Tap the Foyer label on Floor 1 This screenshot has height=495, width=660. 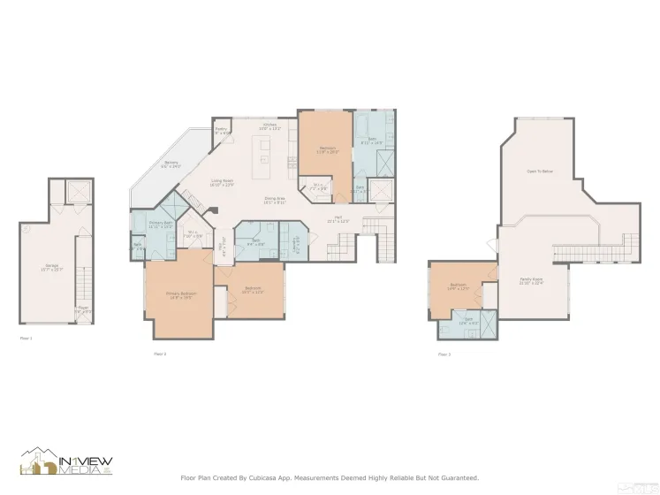(82, 309)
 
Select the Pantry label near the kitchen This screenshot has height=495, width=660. (221, 131)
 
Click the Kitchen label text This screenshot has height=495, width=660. (270, 126)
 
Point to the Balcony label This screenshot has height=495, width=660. (171, 164)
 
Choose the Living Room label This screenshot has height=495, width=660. (221, 183)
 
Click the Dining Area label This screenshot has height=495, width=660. (274, 200)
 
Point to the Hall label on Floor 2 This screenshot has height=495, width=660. (338, 218)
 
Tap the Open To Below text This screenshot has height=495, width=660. (539, 171)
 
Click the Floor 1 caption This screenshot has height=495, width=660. (26, 338)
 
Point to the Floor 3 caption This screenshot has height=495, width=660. (444, 354)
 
